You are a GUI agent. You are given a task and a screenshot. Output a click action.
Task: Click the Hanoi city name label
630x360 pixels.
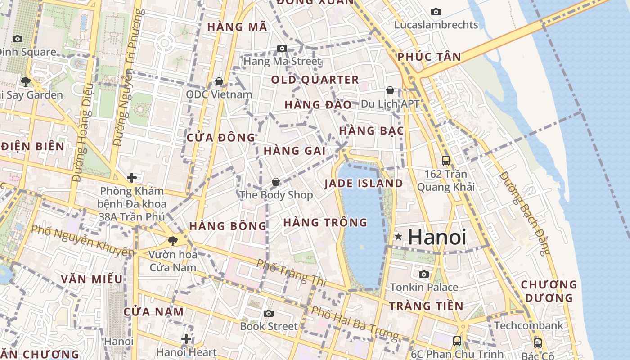tap(437, 237)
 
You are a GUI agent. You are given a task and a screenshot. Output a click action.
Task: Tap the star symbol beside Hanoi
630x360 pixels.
tap(398, 236)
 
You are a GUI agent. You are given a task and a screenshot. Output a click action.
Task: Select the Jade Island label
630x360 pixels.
tap(364, 184)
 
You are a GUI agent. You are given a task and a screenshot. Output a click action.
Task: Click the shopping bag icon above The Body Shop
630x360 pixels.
tap(275, 182)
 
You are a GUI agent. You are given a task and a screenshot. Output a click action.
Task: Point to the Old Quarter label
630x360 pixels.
tap(315, 80)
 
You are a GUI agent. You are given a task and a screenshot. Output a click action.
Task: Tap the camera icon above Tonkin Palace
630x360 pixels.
tap(423, 274)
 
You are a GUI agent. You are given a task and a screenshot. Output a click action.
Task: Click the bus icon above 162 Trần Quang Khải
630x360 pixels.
tap(446, 160)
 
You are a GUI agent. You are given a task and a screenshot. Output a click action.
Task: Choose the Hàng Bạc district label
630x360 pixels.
tap(371, 131)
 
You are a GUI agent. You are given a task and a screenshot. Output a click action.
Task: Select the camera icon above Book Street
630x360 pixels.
tap(269, 313)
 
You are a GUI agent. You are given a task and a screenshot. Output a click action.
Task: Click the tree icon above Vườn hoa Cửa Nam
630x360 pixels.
tap(172, 241)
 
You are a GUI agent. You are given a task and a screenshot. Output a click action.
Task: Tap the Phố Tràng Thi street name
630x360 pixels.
tap(291, 273)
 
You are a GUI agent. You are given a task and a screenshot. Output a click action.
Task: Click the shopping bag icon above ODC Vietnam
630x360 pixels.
tap(219, 81)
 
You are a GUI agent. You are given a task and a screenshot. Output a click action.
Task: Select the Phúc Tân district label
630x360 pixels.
tap(429, 57)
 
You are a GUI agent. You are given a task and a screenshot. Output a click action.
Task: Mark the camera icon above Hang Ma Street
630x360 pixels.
tap(282, 48)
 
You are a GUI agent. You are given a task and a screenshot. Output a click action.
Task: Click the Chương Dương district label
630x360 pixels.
tap(549, 291)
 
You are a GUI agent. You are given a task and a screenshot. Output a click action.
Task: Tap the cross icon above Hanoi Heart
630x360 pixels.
tap(186, 339)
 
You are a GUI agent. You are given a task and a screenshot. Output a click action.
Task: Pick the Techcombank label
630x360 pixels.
tap(528, 325)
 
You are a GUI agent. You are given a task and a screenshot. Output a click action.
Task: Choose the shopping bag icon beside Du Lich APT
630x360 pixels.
tap(390, 91)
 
